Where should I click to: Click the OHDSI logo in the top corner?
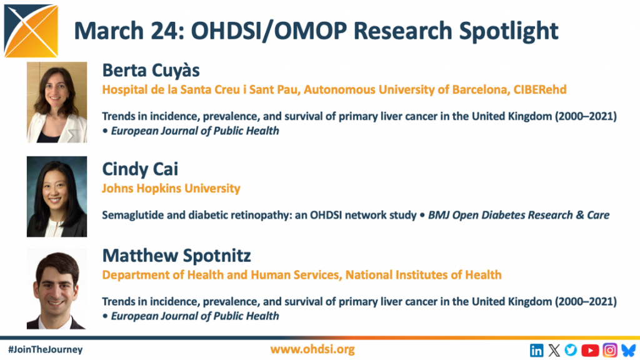tap(31, 31)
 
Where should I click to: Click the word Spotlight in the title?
tap(509, 31)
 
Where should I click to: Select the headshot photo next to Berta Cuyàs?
tap(57, 102)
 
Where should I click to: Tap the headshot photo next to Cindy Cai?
tap(57, 196)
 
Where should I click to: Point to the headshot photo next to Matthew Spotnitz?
tap(57, 289)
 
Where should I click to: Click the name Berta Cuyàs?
tap(151, 71)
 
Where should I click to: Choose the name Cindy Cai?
tap(140, 169)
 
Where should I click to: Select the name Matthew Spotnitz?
tap(176, 256)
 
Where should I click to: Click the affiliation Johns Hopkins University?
tap(171, 188)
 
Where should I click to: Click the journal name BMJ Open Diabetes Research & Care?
tap(518, 215)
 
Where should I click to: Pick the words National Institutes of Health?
tap(423, 275)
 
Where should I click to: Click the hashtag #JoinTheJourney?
tap(45, 350)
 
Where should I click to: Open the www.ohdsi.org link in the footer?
tap(312, 349)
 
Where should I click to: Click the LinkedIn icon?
tap(536, 350)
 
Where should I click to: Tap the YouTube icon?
tap(590, 350)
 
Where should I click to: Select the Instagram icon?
tap(610, 350)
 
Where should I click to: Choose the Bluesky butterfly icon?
tap(629, 350)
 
